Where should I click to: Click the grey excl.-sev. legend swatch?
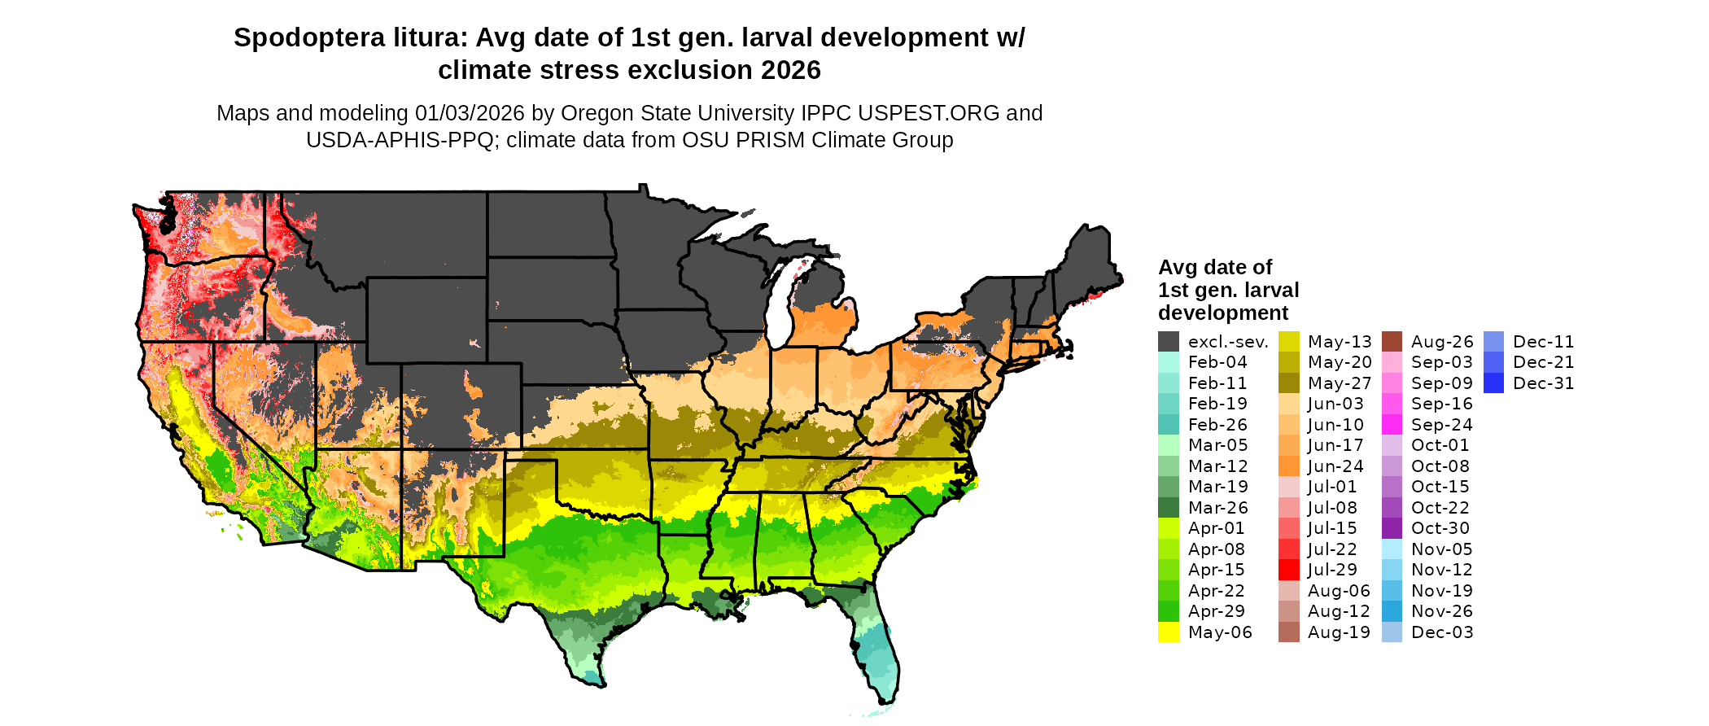click(1169, 342)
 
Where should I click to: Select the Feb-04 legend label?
click(1217, 362)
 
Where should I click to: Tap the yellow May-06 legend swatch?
click(1169, 632)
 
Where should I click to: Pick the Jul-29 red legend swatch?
click(1289, 570)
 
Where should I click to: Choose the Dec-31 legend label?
click(1544, 383)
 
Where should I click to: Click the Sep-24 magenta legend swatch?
click(1392, 425)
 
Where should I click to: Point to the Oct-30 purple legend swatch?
click(1392, 528)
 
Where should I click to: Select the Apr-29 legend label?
click(1217, 611)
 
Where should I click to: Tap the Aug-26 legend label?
click(1442, 342)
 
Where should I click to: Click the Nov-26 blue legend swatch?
click(1392, 611)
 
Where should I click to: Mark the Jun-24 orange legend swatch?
click(1289, 466)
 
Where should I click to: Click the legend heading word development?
click(1223, 313)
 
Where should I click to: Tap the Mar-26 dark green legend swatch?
click(1169, 508)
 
